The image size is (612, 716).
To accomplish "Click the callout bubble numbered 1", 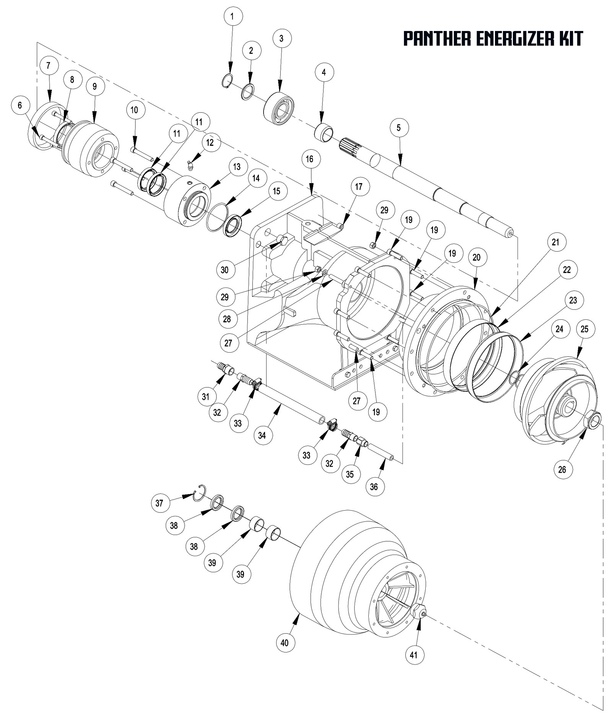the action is [x=231, y=17].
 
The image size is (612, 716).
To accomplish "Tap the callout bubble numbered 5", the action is [x=399, y=128].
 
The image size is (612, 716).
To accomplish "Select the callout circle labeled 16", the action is [x=310, y=159].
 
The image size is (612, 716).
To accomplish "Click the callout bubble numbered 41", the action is [x=414, y=655].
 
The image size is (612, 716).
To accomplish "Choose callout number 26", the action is [x=562, y=469].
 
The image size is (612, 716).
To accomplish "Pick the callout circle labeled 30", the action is [x=225, y=270].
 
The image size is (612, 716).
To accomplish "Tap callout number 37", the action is [x=160, y=503].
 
